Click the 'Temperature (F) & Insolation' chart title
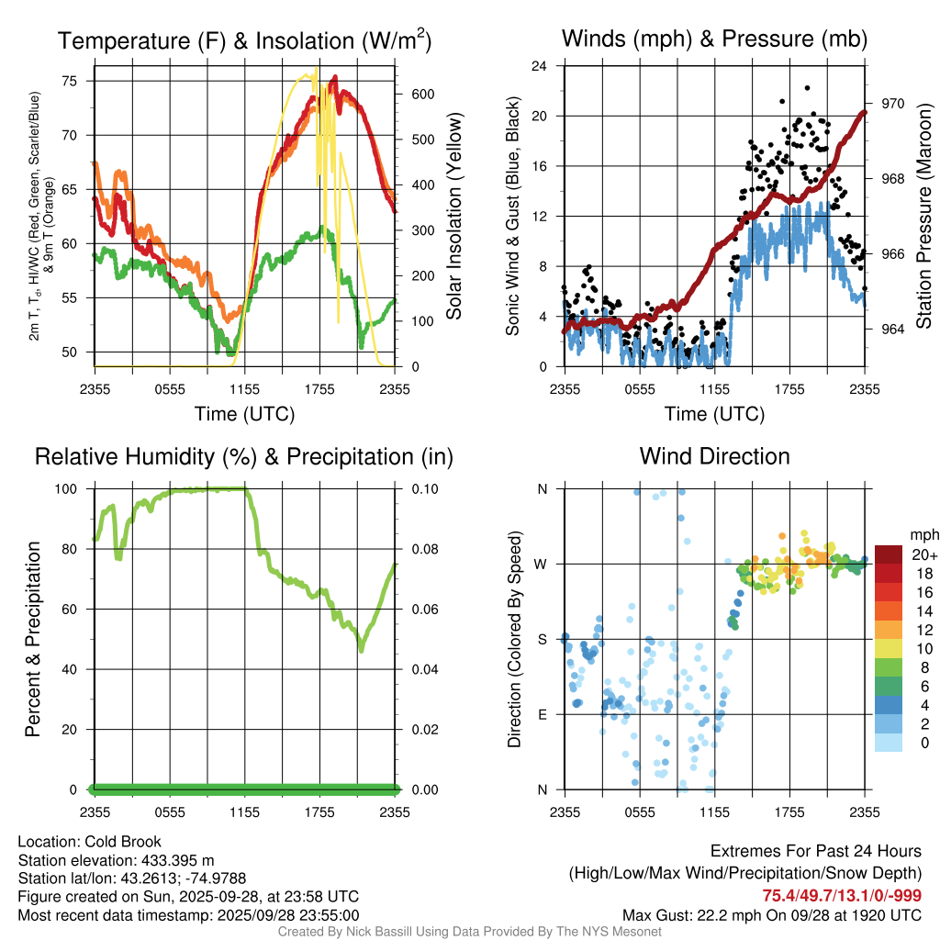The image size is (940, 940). [x=244, y=41]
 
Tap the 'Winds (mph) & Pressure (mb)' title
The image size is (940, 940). [x=714, y=39]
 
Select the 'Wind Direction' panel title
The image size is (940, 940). [x=714, y=456]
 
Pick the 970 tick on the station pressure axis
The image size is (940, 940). [x=880, y=104]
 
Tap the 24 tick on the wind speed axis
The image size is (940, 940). [x=541, y=66]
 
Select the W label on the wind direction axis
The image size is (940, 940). [x=543, y=564]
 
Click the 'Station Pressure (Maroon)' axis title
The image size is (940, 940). [x=924, y=217]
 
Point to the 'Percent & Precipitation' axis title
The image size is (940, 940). [x=33, y=639]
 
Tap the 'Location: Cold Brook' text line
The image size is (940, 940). [x=90, y=842]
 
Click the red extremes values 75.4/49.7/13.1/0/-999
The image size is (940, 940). [x=842, y=896]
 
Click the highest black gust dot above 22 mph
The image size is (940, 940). [x=807, y=88]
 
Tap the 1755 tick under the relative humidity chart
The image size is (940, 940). [x=319, y=811]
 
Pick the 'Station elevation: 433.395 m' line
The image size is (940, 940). [x=116, y=860]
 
